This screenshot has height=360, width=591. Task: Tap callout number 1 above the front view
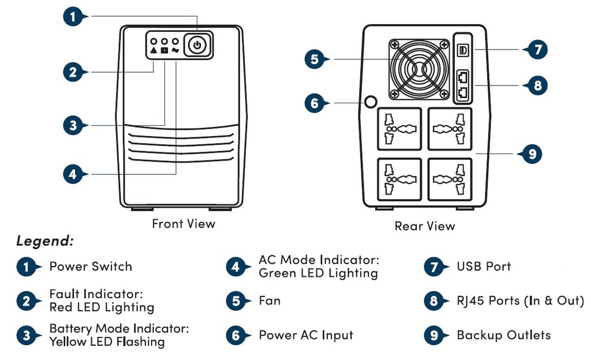pyautogui.click(x=73, y=16)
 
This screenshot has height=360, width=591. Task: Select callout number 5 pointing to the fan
pyautogui.click(x=315, y=59)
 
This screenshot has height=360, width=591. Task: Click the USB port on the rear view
pyautogui.click(x=462, y=50)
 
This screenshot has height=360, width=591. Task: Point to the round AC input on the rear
pyautogui.click(x=371, y=102)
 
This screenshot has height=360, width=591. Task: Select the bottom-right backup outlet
pyautogui.click(x=450, y=179)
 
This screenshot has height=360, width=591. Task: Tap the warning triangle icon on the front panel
pyautogui.click(x=154, y=51)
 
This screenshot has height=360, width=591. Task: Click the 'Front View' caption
pyautogui.click(x=184, y=223)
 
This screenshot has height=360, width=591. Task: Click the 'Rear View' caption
pyautogui.click(x=425, y=226)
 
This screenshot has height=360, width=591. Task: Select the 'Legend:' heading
pyautogui.click(x=44, y=241)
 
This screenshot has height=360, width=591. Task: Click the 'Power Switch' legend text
pyautogui.click(x=91, y=267)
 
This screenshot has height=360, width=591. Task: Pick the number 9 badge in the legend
pyautogui.click(x=433, y=335)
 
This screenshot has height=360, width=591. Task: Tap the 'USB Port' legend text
pyautogui.click(x=484, y=267)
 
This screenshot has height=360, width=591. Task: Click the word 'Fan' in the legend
pyautogui.click(x=270, y=301)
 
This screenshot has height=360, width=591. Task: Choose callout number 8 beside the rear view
pyautogui.click(x=537, y=85)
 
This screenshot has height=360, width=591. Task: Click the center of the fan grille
pyautogui.click(x=419, y=70)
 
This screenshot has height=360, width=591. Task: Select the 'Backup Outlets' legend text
pyautogui.click(x=503, y=335)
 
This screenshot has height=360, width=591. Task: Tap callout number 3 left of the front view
pyautogui.click(x=73, y=125)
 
